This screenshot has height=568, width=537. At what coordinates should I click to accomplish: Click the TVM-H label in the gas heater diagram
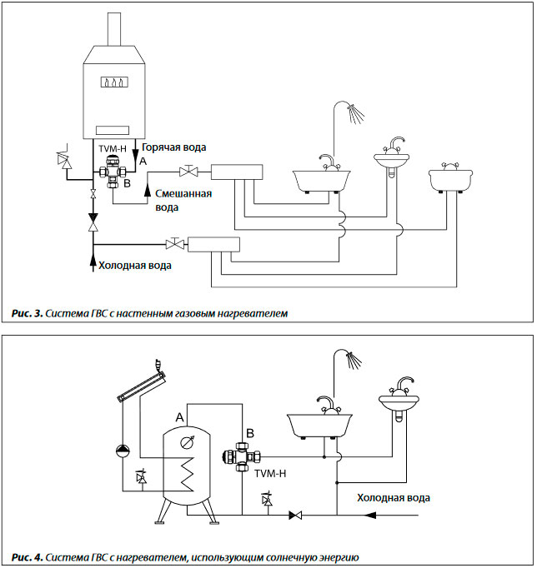click(x=113, y=149)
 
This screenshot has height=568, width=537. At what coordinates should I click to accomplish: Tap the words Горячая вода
click(x=173, y=147)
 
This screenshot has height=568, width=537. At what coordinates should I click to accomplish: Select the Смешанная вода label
click(x=183, y=201)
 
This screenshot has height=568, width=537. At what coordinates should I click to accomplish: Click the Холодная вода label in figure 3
click(x=135, y=266)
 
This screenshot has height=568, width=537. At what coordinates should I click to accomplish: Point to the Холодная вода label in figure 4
click(x=394, y=498)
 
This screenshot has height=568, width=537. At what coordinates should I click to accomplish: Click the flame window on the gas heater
click(x=114, y=82)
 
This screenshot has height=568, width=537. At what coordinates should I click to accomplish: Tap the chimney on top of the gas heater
click(x=114, y=29)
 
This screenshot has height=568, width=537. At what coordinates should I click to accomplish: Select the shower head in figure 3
click(x=355, y=113)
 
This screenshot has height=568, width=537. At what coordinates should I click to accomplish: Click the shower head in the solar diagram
click(x=354, y=360)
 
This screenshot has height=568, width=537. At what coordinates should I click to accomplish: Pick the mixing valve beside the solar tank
click(x=242, y=456)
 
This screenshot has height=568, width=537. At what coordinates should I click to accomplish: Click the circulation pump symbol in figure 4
click(x=123, y=451)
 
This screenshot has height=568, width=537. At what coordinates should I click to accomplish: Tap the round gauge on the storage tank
click(x=187, y=443)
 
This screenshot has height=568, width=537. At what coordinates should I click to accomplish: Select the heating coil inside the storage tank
click(x=188, y=474)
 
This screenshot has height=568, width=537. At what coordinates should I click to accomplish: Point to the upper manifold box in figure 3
click(x=237, y=172)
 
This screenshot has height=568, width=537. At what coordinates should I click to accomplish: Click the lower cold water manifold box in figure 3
click(x=214, y=245)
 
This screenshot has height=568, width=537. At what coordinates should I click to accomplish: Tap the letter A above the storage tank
click(x=179, y=417)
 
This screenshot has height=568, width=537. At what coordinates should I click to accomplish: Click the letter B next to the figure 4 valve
click(x=250, y=433)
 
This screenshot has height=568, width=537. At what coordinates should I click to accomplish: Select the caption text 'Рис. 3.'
click(x=28, y=313)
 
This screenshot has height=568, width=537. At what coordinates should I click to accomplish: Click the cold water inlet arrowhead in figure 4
click(x=370, y=515)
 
